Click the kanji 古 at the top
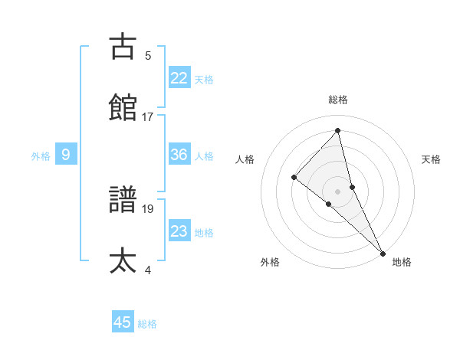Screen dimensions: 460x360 coord(123,47)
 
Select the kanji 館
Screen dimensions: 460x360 coord(123,108)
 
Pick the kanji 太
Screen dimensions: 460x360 coord(123,260)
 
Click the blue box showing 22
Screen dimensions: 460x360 coord(179,77)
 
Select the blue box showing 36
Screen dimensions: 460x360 coord(179,155)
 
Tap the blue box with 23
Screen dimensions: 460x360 coord(179,231)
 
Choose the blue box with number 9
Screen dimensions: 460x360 coord(66,155)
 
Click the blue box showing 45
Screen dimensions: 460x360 coord(123,322)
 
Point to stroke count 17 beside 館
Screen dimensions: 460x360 coord(148,116)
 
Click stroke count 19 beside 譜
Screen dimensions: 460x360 coord(148,208)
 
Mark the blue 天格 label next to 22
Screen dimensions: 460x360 coord(204,80)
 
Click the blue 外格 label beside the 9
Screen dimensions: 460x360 coord(41,156)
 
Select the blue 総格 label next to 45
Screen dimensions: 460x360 coord(147,324)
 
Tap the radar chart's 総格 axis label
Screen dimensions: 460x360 coord(338,100)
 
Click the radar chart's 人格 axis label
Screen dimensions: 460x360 coord(245,159)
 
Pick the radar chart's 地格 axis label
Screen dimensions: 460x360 coord(402,262)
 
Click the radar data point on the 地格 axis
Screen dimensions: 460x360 coord(383,252)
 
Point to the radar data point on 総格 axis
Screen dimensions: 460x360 coord(337,131)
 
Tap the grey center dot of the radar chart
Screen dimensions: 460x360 coord(338,191)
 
